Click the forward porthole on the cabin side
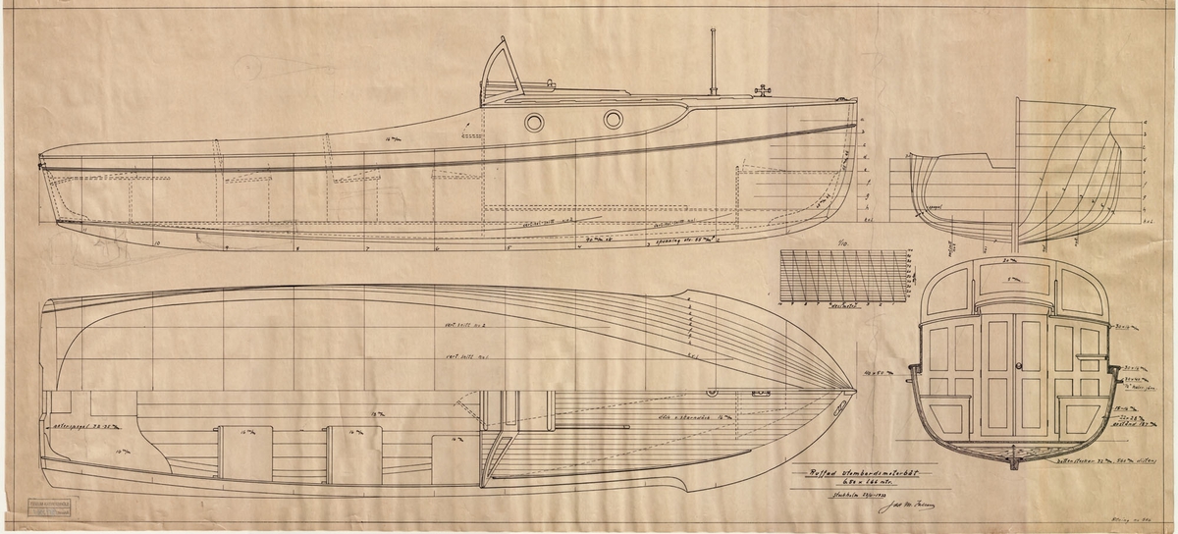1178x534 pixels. coord(613,120)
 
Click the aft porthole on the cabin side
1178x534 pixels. coord(534,122)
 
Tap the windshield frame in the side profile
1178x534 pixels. coord(501,69)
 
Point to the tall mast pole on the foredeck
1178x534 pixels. coord(714,61)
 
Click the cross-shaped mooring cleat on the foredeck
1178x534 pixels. coord(760,92)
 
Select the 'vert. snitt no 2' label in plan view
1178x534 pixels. coord(465,325)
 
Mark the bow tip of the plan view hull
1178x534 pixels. coord(856,392)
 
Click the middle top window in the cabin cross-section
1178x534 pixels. coord(1014,286)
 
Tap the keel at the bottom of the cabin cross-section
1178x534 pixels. coord(1014,457)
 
